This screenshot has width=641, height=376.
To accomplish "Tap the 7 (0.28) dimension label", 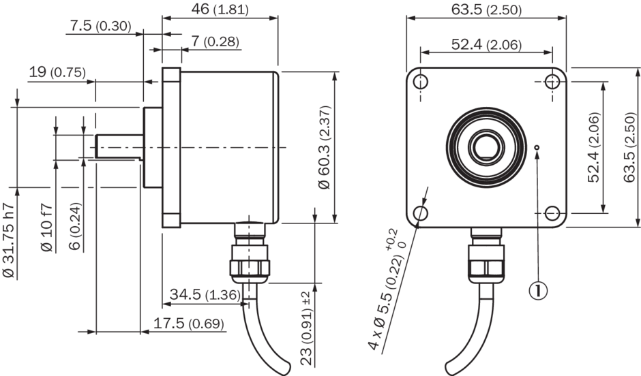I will pos(215,42).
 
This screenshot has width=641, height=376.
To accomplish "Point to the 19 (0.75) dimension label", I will pos(57,72).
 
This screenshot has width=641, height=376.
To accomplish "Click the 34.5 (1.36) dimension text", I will pos(203,295).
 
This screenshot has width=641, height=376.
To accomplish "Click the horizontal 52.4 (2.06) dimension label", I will pos(486,45).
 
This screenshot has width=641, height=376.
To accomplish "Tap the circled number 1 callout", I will pos(538,291).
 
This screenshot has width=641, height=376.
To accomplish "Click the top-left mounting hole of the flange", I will pos(421,82).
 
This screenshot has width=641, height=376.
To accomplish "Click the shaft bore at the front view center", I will pos(486,146).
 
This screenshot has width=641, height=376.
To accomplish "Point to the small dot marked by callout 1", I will pos(537,146).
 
